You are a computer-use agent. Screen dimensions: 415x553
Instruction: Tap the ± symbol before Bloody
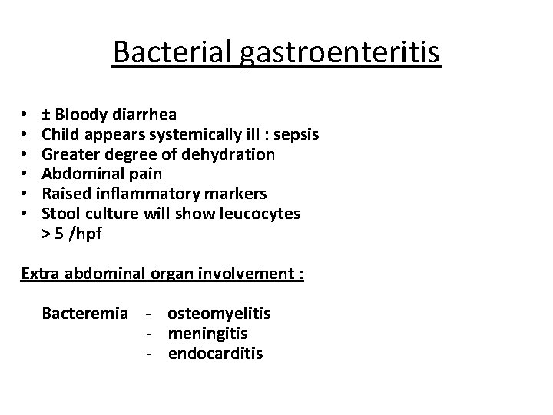click(x=46, y=115)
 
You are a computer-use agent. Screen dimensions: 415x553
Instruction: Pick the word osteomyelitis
click(x=219, y=314)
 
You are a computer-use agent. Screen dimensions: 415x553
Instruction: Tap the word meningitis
click(x=207, y=334)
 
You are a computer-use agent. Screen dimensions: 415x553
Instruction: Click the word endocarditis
click(x=215, y=354)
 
